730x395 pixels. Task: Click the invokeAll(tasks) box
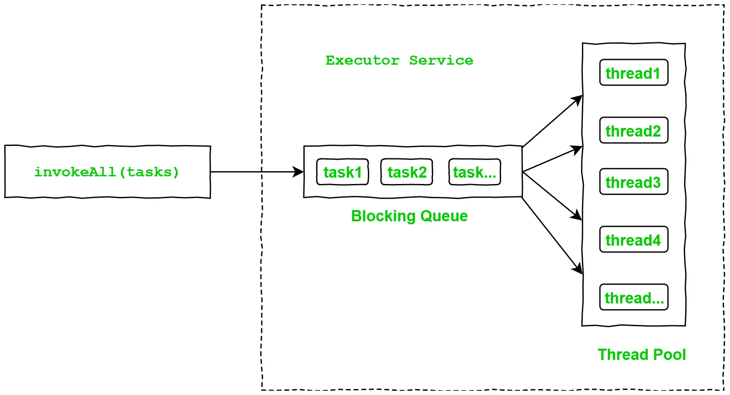107,172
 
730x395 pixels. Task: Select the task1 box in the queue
342,172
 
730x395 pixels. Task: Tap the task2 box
407,172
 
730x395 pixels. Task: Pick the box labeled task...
475,172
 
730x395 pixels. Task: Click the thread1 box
634,73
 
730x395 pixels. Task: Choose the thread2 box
634,131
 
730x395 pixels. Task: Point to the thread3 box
634,182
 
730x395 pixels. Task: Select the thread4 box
634,240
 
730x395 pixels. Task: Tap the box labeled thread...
634,297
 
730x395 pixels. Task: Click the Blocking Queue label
409,216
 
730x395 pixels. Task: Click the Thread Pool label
641,355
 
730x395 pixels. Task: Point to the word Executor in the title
362,60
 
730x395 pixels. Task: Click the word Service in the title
441,60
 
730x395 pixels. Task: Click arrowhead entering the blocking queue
299,172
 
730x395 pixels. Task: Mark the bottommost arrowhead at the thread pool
578,269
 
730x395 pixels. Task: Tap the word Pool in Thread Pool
670,355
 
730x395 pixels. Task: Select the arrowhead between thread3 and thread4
577,216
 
